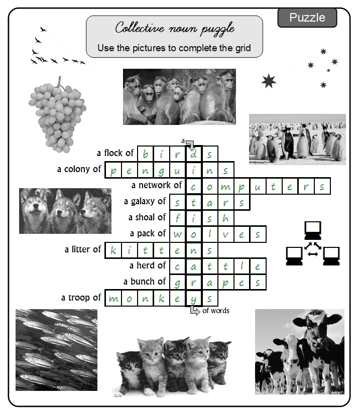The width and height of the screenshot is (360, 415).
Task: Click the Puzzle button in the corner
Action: click(x=307, y=18)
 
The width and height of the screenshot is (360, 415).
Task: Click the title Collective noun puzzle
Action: click(x=174, y=28)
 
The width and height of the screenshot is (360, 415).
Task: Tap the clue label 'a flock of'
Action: click(x=115, y=153)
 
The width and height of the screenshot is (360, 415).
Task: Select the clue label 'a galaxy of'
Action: click(x=145, y=201)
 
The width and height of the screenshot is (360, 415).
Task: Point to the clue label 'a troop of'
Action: click(x=81, y=298)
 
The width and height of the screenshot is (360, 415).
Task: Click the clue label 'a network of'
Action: click(x=157, y=185)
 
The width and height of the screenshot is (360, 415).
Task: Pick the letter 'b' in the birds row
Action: click(x=146, y=154)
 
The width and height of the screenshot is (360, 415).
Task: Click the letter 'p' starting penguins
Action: click(x=113, y=170)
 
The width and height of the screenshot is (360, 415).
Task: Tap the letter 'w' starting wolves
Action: click(x=177, y=234)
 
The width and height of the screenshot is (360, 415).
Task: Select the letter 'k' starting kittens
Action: click(x=113, y=250)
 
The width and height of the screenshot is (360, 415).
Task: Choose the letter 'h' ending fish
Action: click(x=225, y=218)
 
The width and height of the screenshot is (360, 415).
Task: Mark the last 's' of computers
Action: click(x=322, y=186)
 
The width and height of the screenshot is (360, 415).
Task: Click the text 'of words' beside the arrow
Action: click(x=216, y=311)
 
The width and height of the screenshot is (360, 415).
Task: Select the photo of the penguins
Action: click(x=297, y=139)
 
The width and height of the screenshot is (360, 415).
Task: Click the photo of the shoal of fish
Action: click(x=56, y=349)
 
